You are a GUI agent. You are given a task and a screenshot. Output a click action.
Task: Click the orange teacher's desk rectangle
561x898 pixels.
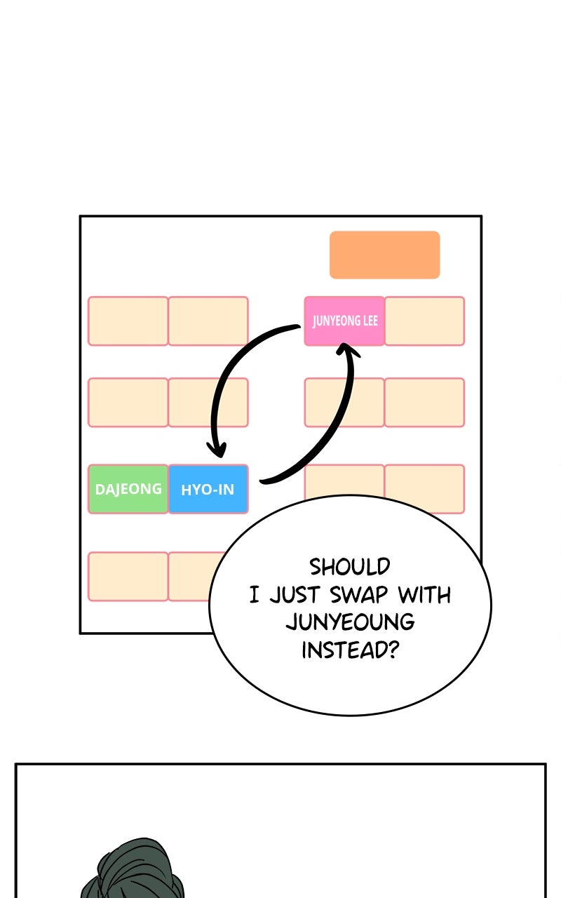pos(385,255)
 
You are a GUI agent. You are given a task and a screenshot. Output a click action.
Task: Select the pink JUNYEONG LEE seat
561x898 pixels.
pos(344,321)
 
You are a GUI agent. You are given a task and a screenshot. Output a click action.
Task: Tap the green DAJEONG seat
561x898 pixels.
pos(128,489)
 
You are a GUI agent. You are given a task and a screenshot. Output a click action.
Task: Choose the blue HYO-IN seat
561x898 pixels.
pos(208,489)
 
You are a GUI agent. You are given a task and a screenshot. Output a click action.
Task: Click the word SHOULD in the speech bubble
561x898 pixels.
pos(349,567)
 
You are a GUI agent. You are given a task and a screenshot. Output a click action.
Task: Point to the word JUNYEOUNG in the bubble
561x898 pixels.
pos(350,622)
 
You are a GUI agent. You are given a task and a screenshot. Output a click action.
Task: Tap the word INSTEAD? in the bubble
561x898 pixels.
pos(350,650)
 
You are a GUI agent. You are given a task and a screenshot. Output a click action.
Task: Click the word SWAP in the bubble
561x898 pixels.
pos(358,594)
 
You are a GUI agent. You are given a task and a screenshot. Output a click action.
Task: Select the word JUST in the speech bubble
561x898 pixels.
pos(295,594)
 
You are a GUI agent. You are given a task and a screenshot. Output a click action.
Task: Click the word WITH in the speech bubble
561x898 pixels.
pos(424,594)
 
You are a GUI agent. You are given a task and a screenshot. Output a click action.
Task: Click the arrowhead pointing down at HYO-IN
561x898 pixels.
pos(217,450)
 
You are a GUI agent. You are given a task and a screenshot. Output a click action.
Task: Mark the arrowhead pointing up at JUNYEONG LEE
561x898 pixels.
pos(347,349)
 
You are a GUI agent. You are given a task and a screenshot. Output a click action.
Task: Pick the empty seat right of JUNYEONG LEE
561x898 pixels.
pos(425,321)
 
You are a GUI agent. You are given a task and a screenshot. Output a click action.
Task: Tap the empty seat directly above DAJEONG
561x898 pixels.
pos(128,402)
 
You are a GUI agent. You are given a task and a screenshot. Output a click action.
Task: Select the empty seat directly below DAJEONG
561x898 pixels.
pos(128,576)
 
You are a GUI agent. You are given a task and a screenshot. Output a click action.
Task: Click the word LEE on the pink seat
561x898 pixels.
pos(370,321)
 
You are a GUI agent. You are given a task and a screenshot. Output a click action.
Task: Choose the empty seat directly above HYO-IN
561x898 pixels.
pos(208,402)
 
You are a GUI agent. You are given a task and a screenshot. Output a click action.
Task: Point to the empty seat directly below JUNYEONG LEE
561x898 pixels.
pos(344,402)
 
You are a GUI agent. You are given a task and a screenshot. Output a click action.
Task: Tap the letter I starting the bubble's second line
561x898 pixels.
pos(254,594)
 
